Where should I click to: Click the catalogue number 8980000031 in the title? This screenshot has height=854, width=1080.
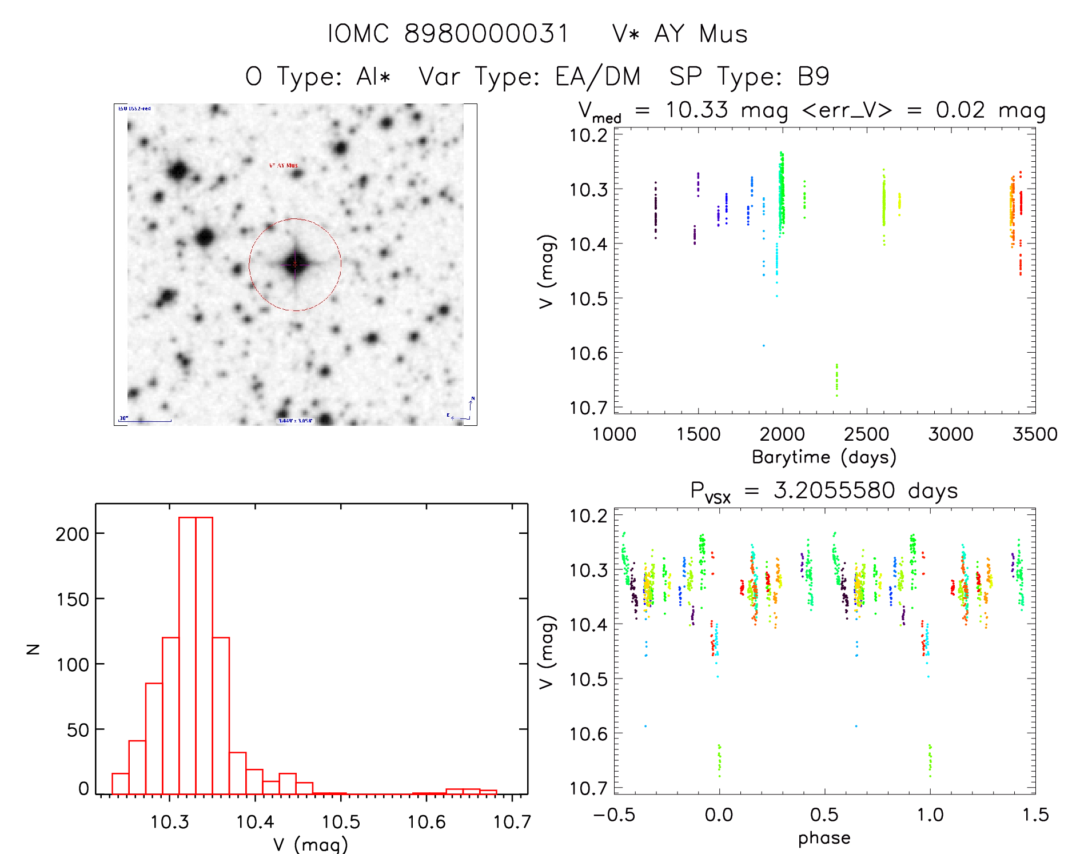(486, 34)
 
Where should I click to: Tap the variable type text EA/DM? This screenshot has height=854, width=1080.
(597, 77)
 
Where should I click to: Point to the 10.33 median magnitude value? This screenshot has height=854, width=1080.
(696, 110)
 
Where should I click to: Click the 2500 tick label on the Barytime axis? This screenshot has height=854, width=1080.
(866, 434)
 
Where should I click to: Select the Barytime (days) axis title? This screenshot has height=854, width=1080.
(824, 457)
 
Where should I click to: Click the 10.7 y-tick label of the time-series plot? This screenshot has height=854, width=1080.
(588, 408)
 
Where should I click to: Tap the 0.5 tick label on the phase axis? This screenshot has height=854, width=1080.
(824, 815)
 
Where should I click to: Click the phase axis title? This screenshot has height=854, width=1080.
(824, 838)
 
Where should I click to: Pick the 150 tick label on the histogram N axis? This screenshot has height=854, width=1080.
(73, 599)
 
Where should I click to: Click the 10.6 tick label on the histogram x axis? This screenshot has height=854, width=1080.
(427, 822)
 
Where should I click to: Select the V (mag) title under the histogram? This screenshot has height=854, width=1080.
(310, 844)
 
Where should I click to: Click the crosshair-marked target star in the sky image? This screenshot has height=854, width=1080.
(295, 264)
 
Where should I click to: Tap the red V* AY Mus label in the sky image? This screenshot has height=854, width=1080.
(284, 166)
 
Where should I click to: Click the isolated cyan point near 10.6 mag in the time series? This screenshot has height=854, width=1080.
(763, 345)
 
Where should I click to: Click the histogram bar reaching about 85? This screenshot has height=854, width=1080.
(154, 738)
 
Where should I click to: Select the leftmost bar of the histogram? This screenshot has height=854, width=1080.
(120, 784)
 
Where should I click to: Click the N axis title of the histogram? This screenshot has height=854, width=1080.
(34, 649)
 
